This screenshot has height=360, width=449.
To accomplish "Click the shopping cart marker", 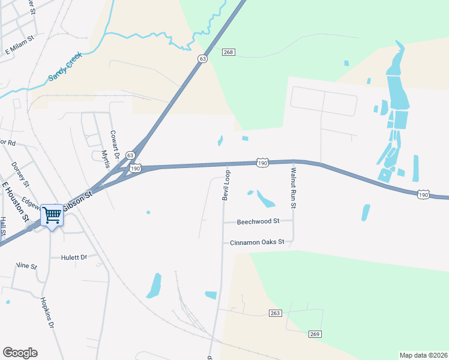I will (52, 215).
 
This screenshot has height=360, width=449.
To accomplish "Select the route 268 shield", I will (228, 53).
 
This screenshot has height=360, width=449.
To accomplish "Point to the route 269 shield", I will (316, 334).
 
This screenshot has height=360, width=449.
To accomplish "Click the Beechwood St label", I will (258, 221).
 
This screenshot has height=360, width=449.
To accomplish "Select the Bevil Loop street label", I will (226, 185).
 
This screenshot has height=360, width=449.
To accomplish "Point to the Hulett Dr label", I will (74, 257).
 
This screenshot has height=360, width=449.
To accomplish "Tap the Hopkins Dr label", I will (47, 313).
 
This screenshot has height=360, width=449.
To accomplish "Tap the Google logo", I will (20, 353).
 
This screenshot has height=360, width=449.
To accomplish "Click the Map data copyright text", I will (423, 355).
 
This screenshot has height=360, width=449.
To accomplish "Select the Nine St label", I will (26, 265).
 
